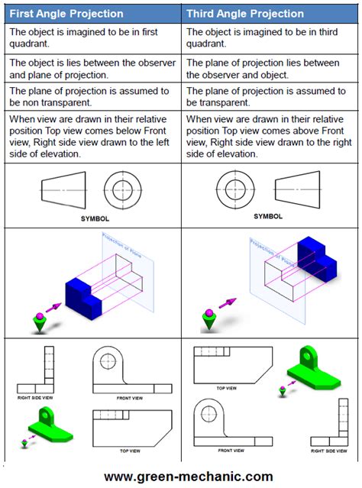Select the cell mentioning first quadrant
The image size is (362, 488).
point(92,37)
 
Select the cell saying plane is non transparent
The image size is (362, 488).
point(92,97)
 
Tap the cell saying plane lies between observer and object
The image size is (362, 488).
point(270,69)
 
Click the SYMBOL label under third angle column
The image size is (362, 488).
point(267,216)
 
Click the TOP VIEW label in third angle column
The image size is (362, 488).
point(226,388)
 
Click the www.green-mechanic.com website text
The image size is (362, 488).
point(188,477)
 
